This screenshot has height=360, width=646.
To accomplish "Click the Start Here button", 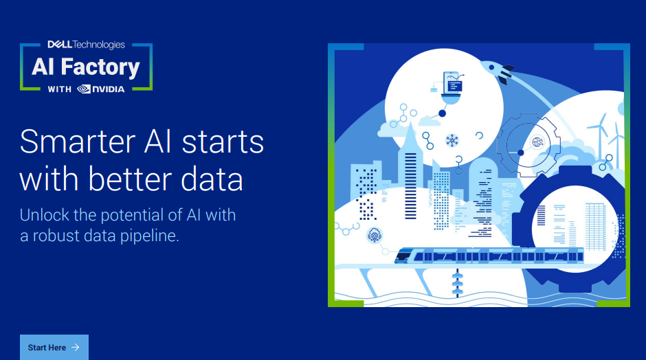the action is pyautogui.click(x=54, y=347).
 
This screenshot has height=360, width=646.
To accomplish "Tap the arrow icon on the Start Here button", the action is pyautogui.click(x=76, y=347).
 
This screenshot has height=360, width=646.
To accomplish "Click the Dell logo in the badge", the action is pyautogui.click(x=60, y=45).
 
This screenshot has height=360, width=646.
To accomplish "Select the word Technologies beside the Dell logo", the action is pyautogui.click(x=99, y=45).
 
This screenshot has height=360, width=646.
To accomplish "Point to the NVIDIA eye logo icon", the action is pyautogui.click(x=84, y=89).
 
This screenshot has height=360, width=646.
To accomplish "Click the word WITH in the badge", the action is pyautogui.click(x=59, y=89).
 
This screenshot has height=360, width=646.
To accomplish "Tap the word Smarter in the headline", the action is pyautogui.click(x=78, y=142).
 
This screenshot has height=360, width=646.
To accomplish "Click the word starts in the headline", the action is pyautogui.click(x=223, y=142).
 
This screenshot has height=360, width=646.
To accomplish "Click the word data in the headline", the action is pyautogui.click(x=212, y=179).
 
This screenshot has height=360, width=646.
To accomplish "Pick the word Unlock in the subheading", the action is pyautogui.click(x=45, y=215).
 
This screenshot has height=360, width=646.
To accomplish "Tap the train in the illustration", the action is pyautogui.click(x=489, y=256).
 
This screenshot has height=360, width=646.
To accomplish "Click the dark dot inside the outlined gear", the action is pyautogui.click(x=521, y=153).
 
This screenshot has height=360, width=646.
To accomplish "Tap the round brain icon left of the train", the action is pyautogui.click(x=374, y=235).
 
